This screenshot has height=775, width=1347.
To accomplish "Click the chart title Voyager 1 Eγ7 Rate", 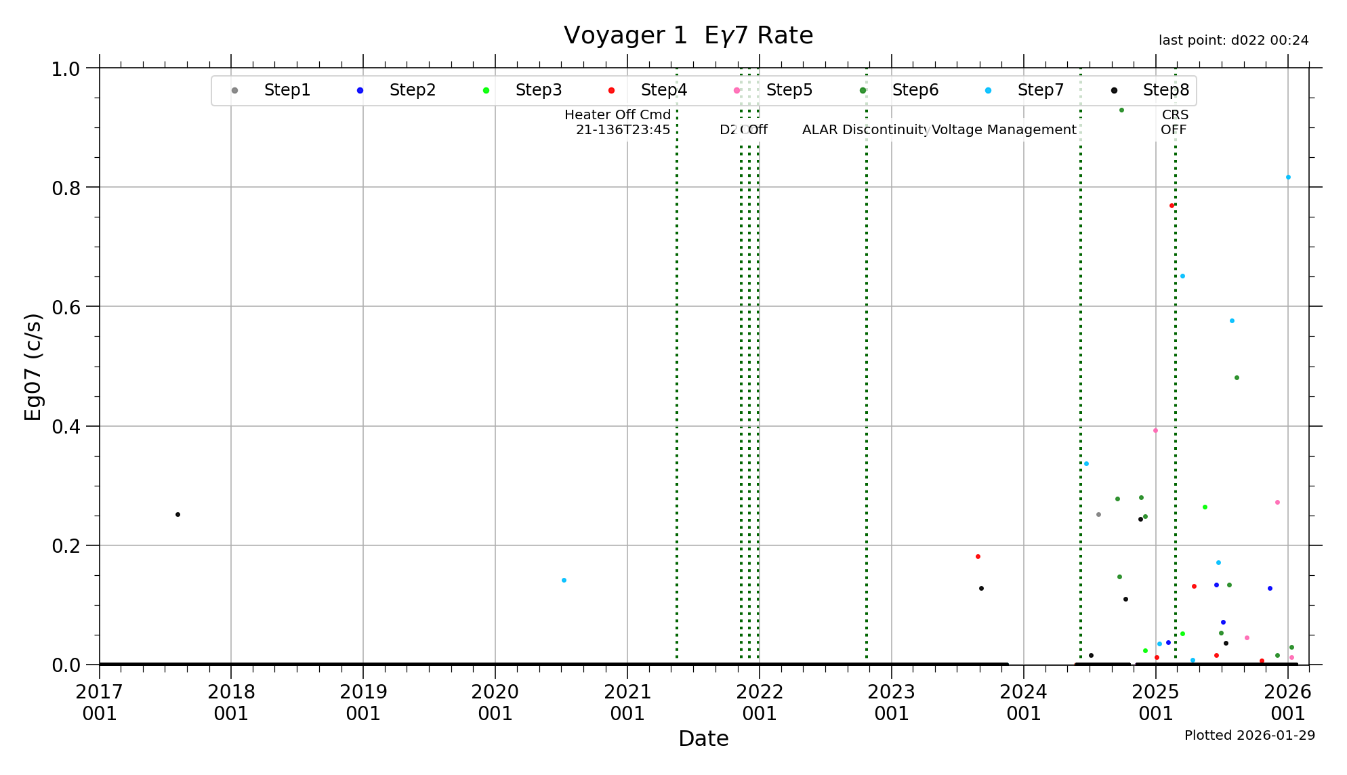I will [688, 35].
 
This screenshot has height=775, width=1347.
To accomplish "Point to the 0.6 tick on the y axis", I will [66, 307].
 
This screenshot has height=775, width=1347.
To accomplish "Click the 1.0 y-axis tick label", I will [66, 68].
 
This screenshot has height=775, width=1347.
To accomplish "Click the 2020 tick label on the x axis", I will [495, 703].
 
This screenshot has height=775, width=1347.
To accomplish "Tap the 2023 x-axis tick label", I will [892, 703].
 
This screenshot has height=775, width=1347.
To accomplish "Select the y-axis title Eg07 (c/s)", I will [33, 366].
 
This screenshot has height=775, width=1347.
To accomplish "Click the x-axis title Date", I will [703, 738].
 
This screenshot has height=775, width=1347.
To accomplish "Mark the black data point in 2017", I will [178, 514].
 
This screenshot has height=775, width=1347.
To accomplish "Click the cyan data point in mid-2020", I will [564, 580].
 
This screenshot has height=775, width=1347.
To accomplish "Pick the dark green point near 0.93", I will [1121, 110].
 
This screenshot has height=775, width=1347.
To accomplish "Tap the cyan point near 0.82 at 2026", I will [1288, 177].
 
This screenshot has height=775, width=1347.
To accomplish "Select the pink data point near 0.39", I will [1155, 430].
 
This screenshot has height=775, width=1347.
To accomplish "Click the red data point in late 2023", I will [978, 556].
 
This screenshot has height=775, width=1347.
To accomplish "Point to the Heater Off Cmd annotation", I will [618, 122].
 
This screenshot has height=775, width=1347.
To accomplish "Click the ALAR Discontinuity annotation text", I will [865, 129].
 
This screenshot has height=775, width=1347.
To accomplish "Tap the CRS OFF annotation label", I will [1174, 122].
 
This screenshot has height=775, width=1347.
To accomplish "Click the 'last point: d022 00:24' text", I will [1233, 41].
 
